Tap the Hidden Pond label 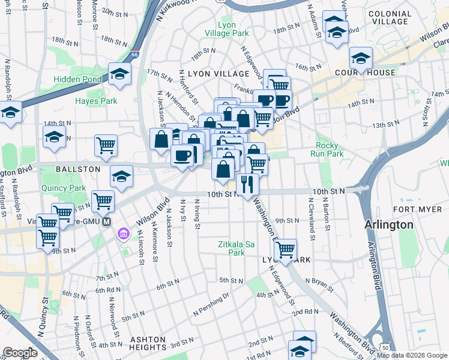(79, 79)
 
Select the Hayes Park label (96, 101)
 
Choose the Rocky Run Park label (327, 149)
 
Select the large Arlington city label (389, 224)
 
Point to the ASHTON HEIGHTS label (148, 343)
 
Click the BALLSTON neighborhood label (77, 169)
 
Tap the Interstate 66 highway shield (136, 53)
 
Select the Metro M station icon (107, 221)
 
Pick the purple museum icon (124, 233)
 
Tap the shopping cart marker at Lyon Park (285, 248)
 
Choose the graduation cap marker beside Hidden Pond (120, 74)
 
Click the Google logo (20, 353)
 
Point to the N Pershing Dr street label (211, 304)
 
